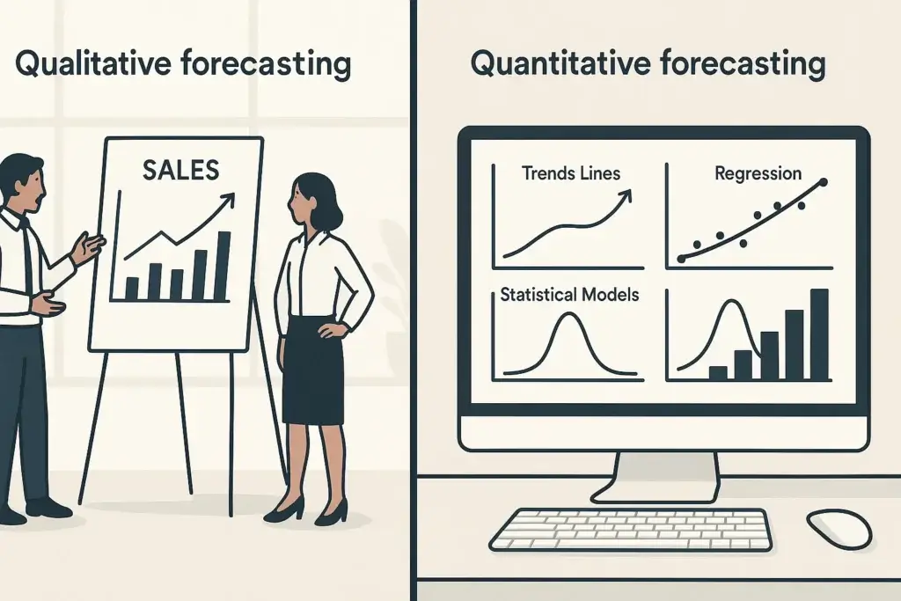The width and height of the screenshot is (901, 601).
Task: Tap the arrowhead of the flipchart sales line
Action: [x=231, y=198]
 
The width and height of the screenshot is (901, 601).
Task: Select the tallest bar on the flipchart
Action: [x=222, y=265]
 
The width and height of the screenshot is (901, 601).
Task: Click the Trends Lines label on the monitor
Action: [x=570, y=172]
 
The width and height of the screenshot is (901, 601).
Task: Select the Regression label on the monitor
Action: [x=758, y=172]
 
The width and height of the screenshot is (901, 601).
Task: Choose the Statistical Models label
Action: [x=569, y=295]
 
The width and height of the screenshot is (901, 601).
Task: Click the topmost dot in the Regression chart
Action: [x=824, y=183]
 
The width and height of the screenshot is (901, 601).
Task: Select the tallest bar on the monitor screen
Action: [x=818, y=334]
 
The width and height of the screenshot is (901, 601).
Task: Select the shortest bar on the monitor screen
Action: [x=717, y=372]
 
